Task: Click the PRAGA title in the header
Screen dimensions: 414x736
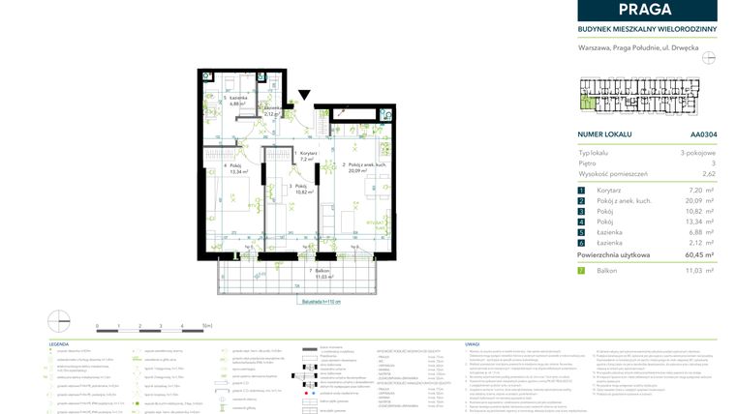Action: coord(647,11)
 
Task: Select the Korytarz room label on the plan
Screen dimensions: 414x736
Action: coord(308,153)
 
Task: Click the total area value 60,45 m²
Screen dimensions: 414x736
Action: coord(696,254)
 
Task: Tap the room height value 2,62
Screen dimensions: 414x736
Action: coord(709,174)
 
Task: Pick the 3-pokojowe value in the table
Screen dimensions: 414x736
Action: coord(697,153)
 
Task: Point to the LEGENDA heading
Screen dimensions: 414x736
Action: coord(59,343)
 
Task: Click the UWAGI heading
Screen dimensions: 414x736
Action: coord(473,343)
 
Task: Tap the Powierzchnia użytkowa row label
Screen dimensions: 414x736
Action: coord(614,254)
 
